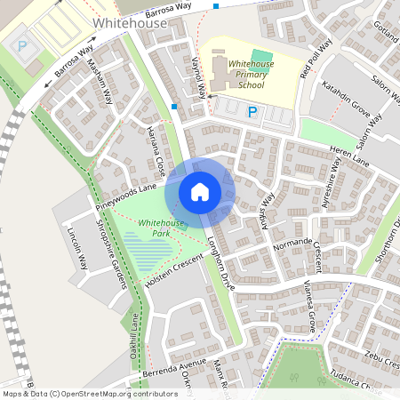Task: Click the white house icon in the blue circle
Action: pos(200,191)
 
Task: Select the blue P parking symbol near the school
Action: pos(252,112)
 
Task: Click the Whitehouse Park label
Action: pos(161,228)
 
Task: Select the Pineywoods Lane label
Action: pos(126,197)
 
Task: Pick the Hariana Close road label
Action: pos(153,150)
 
